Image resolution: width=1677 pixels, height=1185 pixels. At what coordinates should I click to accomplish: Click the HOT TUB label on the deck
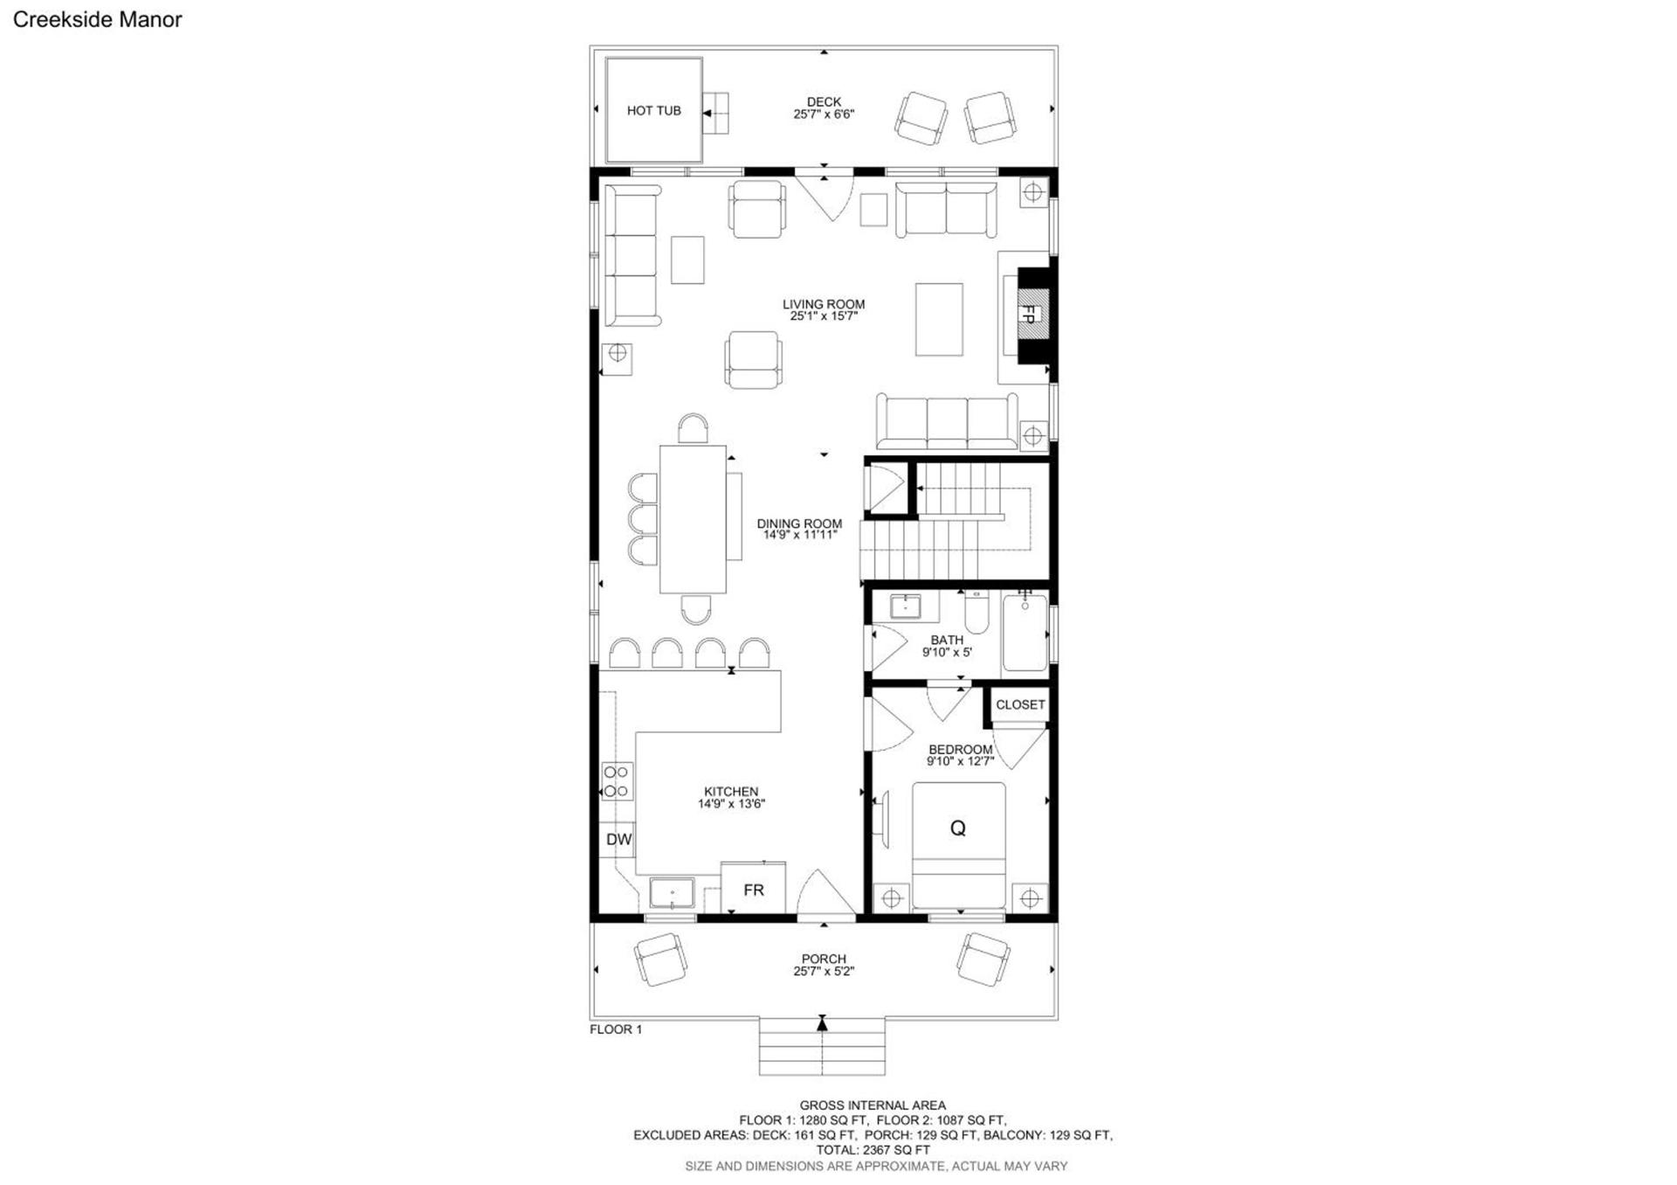point(653,111)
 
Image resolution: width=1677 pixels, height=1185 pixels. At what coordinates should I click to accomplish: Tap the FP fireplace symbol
point(1030,315)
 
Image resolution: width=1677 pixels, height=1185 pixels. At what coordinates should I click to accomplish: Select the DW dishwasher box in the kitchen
point(618,840)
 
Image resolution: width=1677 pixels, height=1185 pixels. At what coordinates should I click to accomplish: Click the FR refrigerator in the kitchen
point(753,889)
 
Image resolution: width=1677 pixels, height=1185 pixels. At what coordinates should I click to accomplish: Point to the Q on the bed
point(958,828)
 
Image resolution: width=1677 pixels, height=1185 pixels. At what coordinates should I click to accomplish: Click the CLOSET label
point(1020,704)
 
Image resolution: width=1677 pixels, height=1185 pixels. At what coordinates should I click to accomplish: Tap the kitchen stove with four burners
point(617,781)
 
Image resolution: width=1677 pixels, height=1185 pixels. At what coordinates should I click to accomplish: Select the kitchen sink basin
point(672,894)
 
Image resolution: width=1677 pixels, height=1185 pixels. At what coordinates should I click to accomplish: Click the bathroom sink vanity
point(906,606)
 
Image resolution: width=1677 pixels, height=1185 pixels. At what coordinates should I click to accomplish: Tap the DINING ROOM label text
point(799,523)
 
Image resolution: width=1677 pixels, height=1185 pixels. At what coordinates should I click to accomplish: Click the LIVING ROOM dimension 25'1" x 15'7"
point(824,316)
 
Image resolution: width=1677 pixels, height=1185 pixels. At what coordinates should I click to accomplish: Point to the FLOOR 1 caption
point(616,1029)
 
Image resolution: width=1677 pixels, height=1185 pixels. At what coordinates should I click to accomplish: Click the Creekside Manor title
point(97,20)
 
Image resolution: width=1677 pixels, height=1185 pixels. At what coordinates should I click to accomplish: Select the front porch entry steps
point(822,1047)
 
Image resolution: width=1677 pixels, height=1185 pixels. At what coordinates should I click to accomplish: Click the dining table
point(693,520)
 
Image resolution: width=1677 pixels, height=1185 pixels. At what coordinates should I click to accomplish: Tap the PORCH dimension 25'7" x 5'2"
point(824,971)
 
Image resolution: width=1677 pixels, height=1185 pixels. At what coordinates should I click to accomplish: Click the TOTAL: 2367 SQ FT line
point(873,1150)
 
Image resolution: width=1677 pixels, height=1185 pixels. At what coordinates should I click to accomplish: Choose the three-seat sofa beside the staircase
point(948,422)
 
